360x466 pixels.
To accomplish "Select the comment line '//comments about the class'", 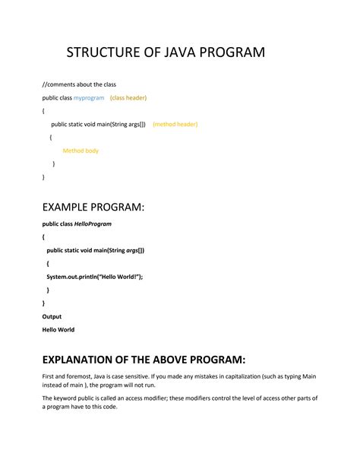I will pyautogui.click(x=79, y=84).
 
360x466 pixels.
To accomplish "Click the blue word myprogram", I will pyautogui.click(x=89, y=98).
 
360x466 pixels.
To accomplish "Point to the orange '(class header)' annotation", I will pyautogui.click(x=128, y=98).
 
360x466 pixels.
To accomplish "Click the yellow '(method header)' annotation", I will pyautogui.click(x=175, y=124).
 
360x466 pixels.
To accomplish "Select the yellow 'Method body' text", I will pyautogui.click(x=81, y=151).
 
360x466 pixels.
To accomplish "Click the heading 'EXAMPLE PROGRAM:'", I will pyautogui.click(x=93, y=208).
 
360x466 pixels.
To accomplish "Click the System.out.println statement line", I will pyautogui.click(x=94, y=277).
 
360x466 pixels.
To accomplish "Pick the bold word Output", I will pyautogui.click(x=52, y=316).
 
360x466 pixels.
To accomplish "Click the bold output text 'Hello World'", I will pyautogui.click(x=58, y=330).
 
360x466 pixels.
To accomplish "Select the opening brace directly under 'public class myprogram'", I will pyautogui.click(x=43, y=111).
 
